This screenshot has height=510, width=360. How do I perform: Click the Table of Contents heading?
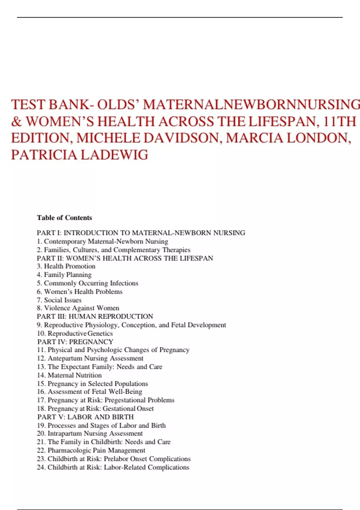[64, 218]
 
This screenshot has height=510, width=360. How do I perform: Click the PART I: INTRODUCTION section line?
[141, 233]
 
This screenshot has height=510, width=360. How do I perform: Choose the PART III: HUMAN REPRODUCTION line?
[95, 316]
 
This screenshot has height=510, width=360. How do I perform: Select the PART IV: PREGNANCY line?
[75, 342]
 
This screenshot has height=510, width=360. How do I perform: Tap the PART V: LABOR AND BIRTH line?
[85, 417]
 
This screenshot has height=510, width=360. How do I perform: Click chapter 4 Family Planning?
[64, 275]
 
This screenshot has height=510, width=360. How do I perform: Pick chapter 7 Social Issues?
[59, 300]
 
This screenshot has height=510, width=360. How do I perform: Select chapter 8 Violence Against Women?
[78, 308]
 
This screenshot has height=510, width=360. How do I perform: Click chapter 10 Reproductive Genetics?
[75, 333]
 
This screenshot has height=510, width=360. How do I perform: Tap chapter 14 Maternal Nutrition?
[69, 375]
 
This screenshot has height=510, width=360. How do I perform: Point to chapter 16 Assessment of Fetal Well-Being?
[89, 392]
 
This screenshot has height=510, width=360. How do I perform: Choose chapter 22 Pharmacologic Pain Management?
[91, 450]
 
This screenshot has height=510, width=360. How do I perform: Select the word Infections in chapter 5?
[124, 283]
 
